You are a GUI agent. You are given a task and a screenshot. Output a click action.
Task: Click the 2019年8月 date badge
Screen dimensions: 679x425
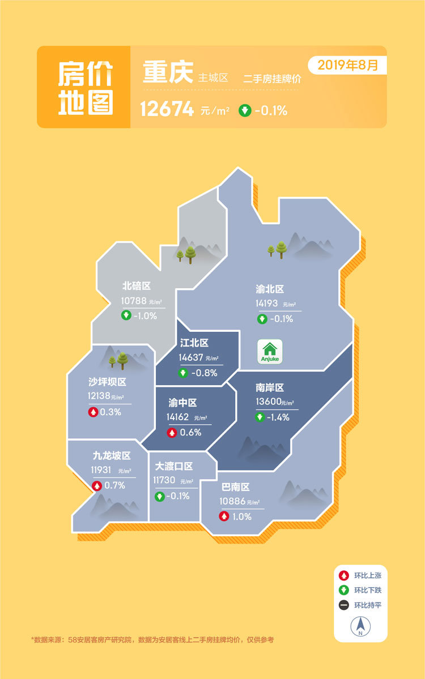(347, 65)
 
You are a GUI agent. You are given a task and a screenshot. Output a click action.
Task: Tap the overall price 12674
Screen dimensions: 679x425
(167, 110)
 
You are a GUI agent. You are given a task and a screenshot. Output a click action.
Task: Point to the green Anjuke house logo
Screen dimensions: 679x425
(270, 352)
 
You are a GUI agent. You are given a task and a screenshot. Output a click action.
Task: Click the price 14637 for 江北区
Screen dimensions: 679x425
(190, 357)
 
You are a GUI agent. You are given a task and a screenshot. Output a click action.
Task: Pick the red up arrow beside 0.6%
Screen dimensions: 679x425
(172, 433)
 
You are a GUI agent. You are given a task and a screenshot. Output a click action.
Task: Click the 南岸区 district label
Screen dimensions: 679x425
(269, 388)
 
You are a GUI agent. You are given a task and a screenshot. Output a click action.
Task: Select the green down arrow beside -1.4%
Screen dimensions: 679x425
(260, 417)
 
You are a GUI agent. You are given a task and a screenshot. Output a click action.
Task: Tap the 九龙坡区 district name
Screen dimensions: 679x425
(112, 455)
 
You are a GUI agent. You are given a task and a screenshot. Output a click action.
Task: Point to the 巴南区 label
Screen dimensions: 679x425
(235, 487)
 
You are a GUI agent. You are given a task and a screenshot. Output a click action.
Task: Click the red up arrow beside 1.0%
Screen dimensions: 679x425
(224, 516)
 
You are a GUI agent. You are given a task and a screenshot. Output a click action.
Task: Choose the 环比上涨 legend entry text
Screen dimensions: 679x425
(368, 575)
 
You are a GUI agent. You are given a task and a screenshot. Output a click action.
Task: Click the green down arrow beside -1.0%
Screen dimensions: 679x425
(126, 315)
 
